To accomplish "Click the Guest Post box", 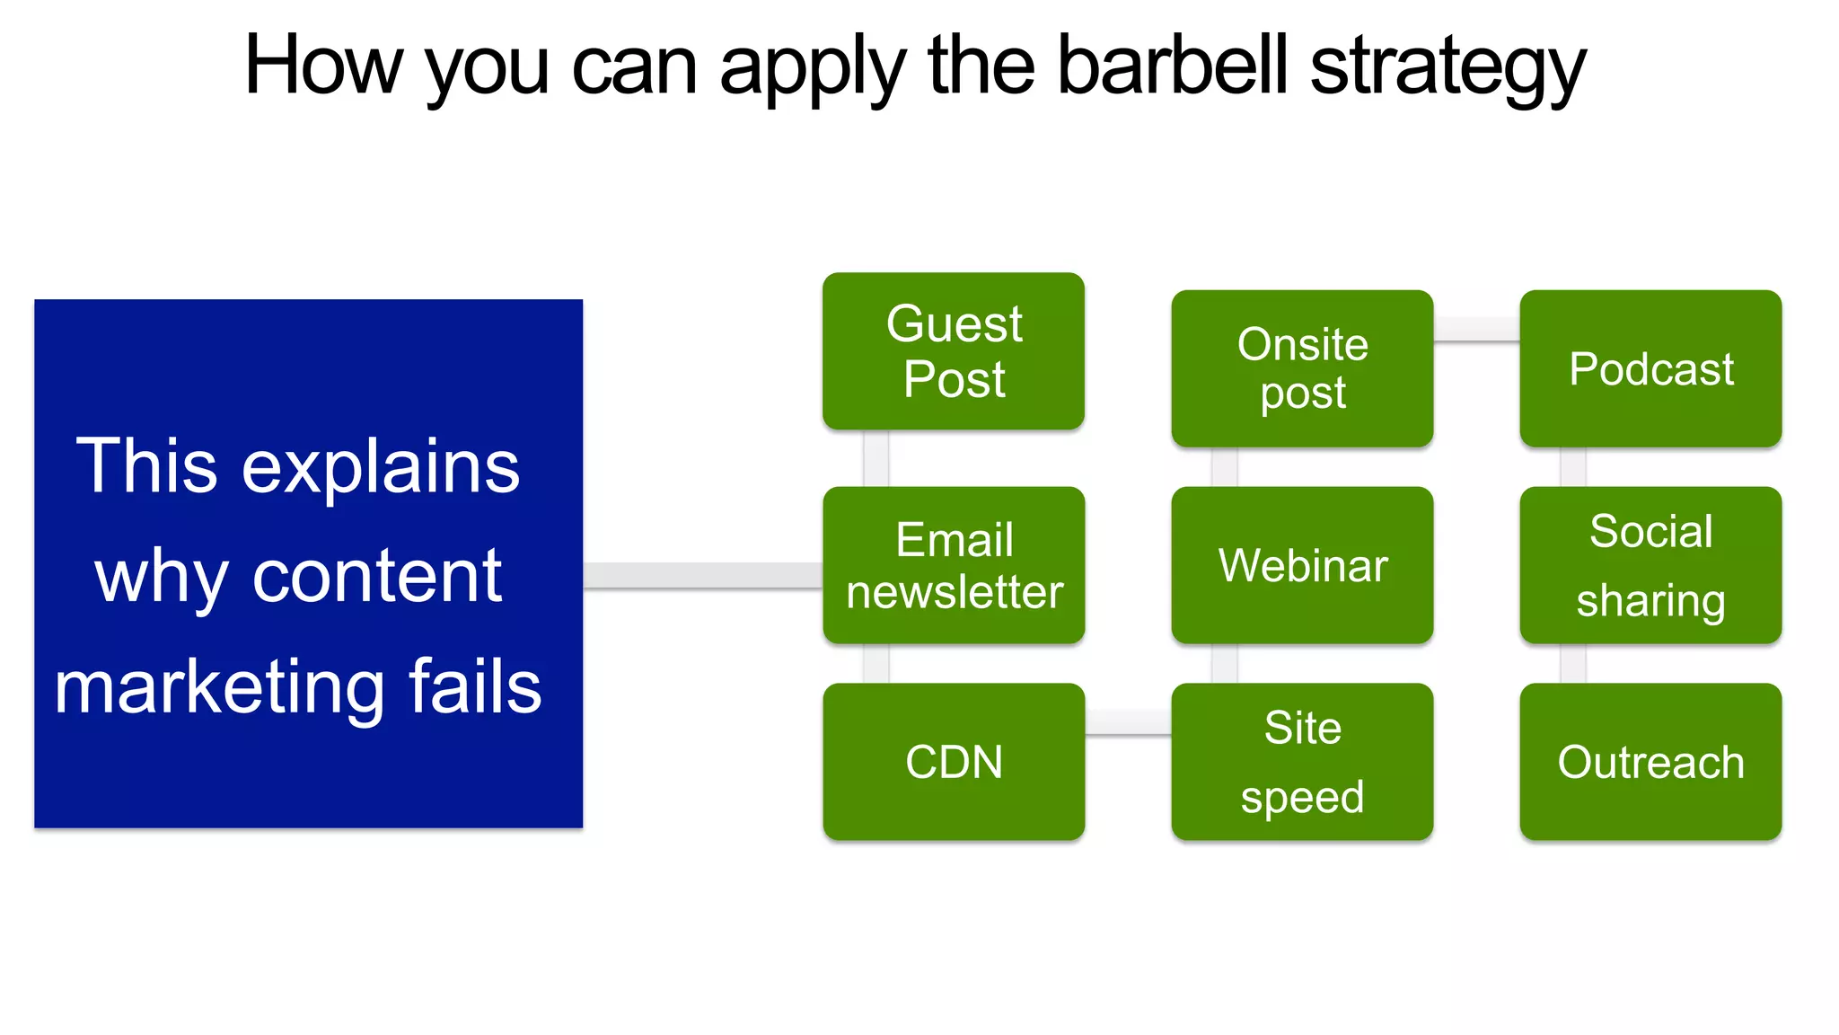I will [954, 350].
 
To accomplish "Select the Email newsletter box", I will [954, 565].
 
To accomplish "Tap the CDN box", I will [954, 762].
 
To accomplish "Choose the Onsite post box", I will [1302, 368].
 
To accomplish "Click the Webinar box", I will [1302, 565].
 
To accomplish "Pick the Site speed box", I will [1302, 762].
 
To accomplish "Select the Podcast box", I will [1650, 368].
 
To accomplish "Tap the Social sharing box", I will [1650, 565].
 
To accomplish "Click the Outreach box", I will [1650, 762].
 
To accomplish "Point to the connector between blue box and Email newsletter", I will [702, 575].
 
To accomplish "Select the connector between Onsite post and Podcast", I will [1476, 329].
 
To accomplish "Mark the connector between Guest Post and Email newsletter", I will [876, 458].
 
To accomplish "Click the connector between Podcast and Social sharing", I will [1572, 467].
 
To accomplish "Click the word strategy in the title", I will [1447, 68].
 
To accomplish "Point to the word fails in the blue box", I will [475, 686].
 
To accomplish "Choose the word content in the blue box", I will [377, 577].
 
